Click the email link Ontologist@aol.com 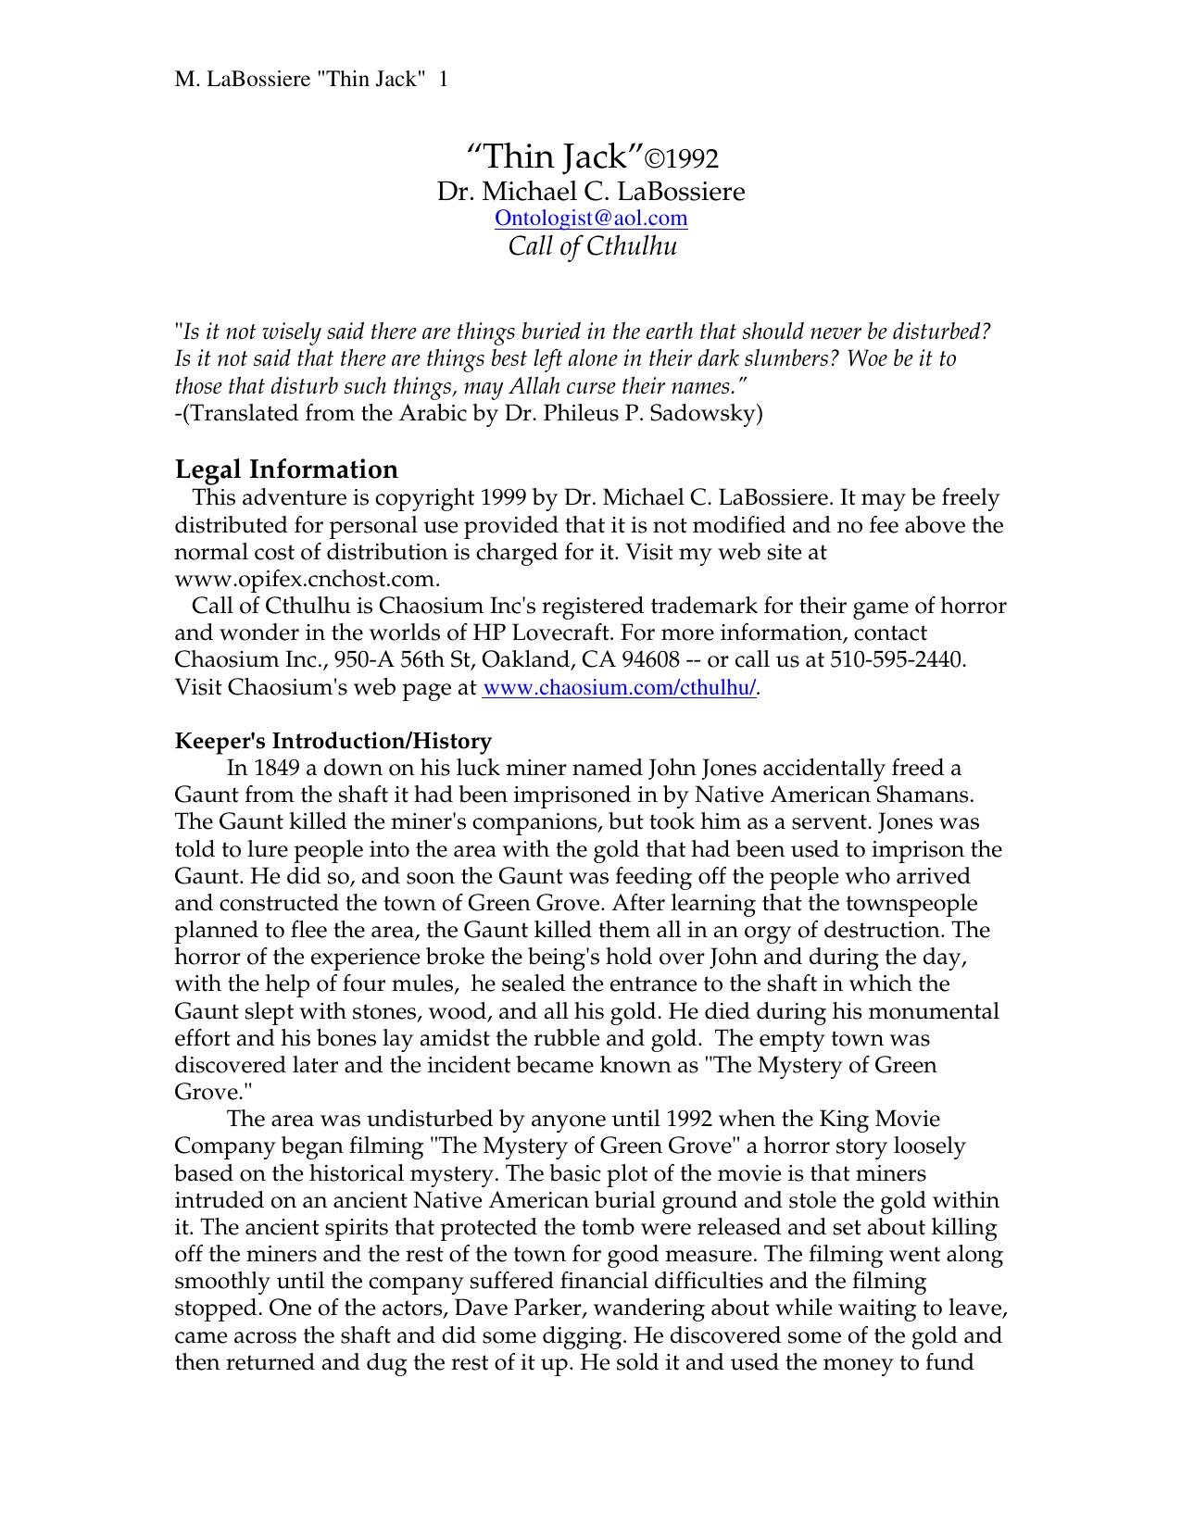pos(591,219)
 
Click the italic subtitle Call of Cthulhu pos(593,246)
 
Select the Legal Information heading pos(286,470)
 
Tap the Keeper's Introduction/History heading pos(333,741)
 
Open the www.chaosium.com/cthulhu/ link pos(620,688)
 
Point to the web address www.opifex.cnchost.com pos(306,580)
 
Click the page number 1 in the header pos(444,80)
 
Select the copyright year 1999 pos(506,498)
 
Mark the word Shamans pos(930,795)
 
